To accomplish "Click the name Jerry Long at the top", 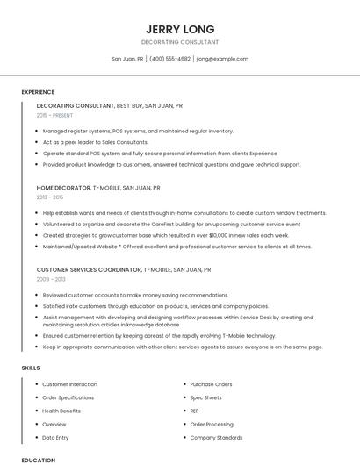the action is [x=179, y=29].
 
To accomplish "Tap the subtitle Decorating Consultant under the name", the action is [x=179, y=42].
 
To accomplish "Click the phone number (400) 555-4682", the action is [x=169, y=59].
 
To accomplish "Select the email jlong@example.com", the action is [x=222, y=59].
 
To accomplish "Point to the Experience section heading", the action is [x=38, y=92].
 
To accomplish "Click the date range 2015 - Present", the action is [x=55, y=115].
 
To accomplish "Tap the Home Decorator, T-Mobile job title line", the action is [x=98, y=188].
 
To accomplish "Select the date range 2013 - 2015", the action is [x=50, y=197].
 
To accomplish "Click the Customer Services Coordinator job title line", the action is [x=123, y=270].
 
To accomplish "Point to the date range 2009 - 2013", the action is [x=50, y=280].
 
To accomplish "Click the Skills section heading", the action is [x=31, y=368].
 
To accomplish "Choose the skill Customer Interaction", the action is [x=69, y=384].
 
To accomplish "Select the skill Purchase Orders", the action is [x=211, y=384].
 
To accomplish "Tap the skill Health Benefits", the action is [x=61, y=411].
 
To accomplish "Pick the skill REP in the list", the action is [x=195, y=411].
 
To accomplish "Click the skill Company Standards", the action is [x=216, y=437].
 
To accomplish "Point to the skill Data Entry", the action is [x=54, y=437].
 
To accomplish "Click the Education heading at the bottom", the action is [x=38, y=460].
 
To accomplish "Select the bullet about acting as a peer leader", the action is [x=95, y=142].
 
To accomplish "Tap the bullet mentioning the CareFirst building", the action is [x=159, y=225].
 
